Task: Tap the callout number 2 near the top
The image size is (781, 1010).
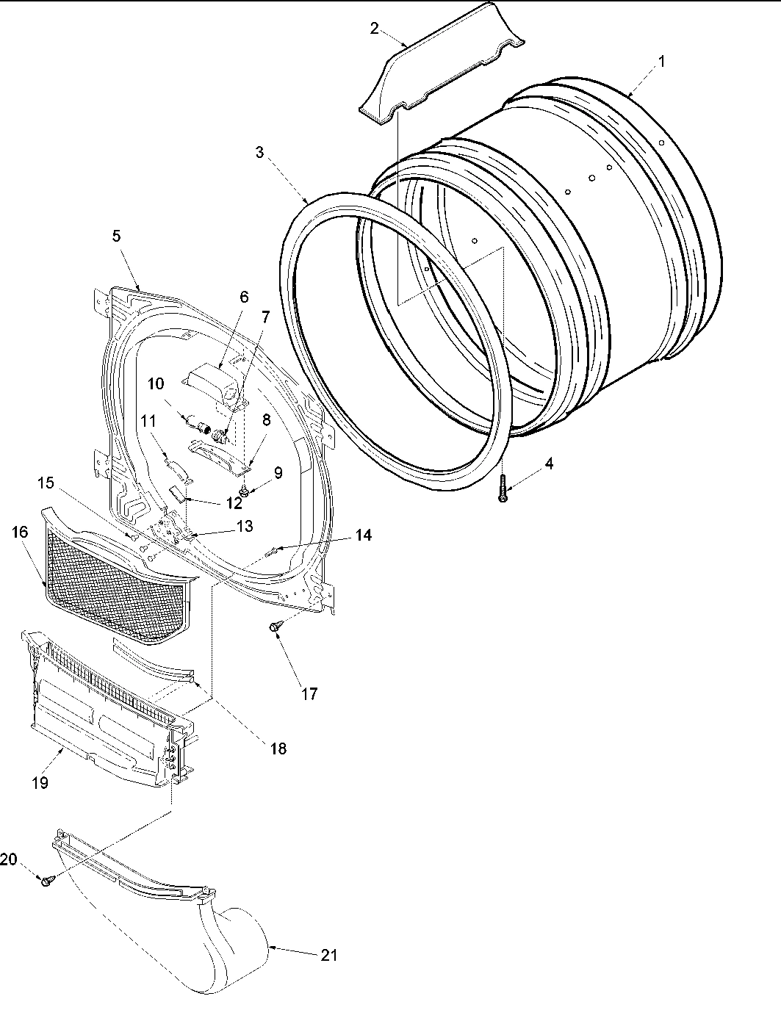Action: click(375, 29)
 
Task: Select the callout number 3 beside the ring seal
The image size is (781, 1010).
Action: click(260, 153)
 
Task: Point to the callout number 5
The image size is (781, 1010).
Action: click(116, 236)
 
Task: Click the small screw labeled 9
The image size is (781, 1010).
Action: click(245, 491)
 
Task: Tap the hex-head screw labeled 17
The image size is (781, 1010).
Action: click(275, 627)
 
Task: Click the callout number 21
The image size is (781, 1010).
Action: click(328, 955)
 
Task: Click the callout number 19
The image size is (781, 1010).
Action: click(40, 783)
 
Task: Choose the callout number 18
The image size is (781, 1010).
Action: click(278, 748)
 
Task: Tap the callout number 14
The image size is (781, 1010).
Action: click(363, 535)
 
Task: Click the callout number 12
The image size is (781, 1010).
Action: click(234, 504)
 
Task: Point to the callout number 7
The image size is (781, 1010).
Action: click(265, 317)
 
